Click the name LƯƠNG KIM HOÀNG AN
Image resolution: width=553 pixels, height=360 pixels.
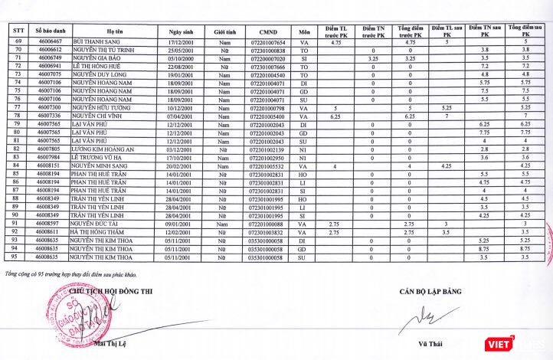pos(97,149)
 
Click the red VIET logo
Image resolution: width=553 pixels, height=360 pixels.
pos(498,342)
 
